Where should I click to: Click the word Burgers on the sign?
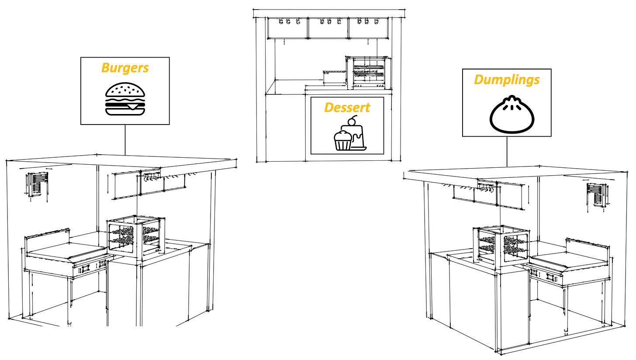125,69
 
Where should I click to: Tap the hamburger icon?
125,100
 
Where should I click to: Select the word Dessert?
347,107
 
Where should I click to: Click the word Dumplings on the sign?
507,80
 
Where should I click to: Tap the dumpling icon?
509,114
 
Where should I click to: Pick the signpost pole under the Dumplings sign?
507,151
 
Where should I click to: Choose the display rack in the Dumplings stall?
500,245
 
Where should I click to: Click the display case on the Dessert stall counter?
368,72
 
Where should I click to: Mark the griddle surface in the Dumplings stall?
568,260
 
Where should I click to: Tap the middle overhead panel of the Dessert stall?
328,28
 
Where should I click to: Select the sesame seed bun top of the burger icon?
125,91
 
